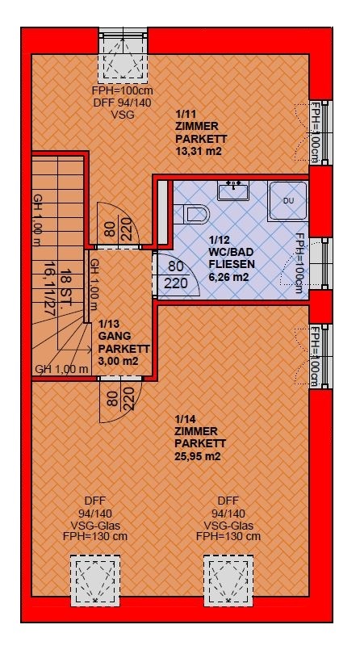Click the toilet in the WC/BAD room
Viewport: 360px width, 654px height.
[195, 214]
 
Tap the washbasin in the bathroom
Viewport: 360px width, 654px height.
[233, 191]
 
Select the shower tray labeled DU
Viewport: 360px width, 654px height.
[288, 200]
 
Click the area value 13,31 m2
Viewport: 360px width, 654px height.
[198, 152]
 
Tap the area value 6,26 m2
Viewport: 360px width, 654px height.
[229, 276]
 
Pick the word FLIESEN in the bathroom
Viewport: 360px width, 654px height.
[232, 265]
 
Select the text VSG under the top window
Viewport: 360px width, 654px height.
[123, 115]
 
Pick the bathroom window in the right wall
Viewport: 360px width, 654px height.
[320, 263]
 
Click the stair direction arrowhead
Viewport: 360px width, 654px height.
[90, 350]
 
